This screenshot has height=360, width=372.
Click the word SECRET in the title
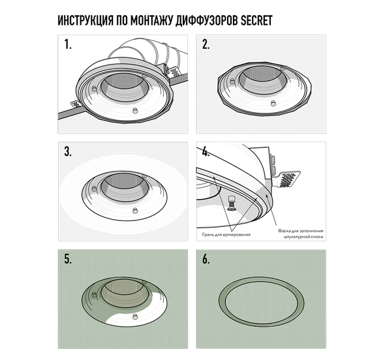coord(256,20)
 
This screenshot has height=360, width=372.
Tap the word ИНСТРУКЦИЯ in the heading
coord(85,20)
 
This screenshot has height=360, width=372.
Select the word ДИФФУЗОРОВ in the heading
coord(207,20)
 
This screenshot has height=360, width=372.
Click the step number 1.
coord(68,44)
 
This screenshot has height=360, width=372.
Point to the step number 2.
coord(206,44)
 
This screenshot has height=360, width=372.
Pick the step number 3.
coord(68,151)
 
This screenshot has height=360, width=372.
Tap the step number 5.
coord(68,259)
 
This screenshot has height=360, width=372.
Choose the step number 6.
coord(206,259)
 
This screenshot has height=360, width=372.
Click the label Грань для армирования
coord(226,235)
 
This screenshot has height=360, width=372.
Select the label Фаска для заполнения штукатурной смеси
coord(301,233)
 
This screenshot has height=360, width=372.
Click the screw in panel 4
coord(231,203)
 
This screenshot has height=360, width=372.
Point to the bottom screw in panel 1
coord(135,111)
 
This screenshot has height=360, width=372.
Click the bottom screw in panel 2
coord(273,103)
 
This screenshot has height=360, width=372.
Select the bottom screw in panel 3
coord(135,211)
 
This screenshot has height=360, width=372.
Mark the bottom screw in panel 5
coord(135,316)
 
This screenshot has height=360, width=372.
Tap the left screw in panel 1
coord(94,89)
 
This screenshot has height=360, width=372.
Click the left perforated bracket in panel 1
coord(76,104)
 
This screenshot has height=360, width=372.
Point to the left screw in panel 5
coord(94,295)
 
